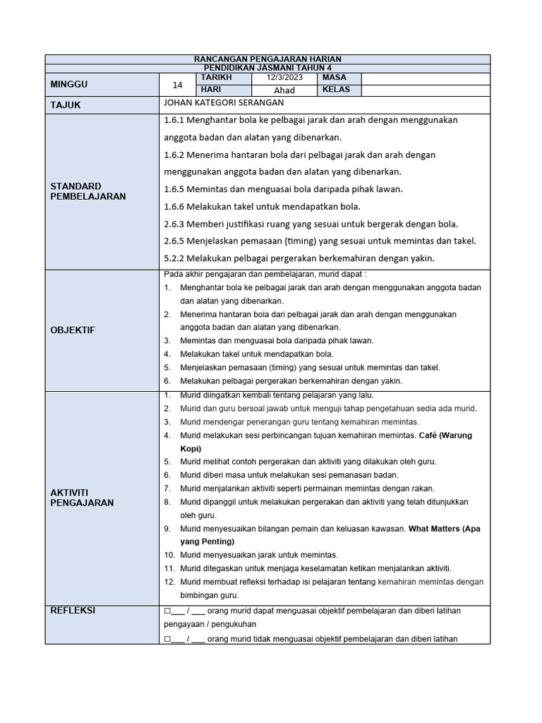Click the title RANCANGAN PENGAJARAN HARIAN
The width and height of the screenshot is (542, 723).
(x=267, y=59)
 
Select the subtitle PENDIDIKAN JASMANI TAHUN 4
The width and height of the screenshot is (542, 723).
(x=267, y=67)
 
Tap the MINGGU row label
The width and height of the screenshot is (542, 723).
(x=68, y=84)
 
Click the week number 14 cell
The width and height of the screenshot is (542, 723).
(x=177, y=85)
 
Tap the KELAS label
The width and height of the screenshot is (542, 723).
(x=336, y=90)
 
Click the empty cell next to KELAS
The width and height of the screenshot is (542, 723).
(x=425, y=90)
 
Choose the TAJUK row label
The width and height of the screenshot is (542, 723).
(x=66, y=104)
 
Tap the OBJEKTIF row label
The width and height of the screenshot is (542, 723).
(x=72, y=330)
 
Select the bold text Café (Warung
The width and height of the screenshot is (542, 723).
(x=445, y=435)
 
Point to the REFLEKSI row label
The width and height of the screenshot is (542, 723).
(x=72, y=611)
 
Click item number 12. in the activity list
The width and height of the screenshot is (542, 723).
(x=169, y=582)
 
